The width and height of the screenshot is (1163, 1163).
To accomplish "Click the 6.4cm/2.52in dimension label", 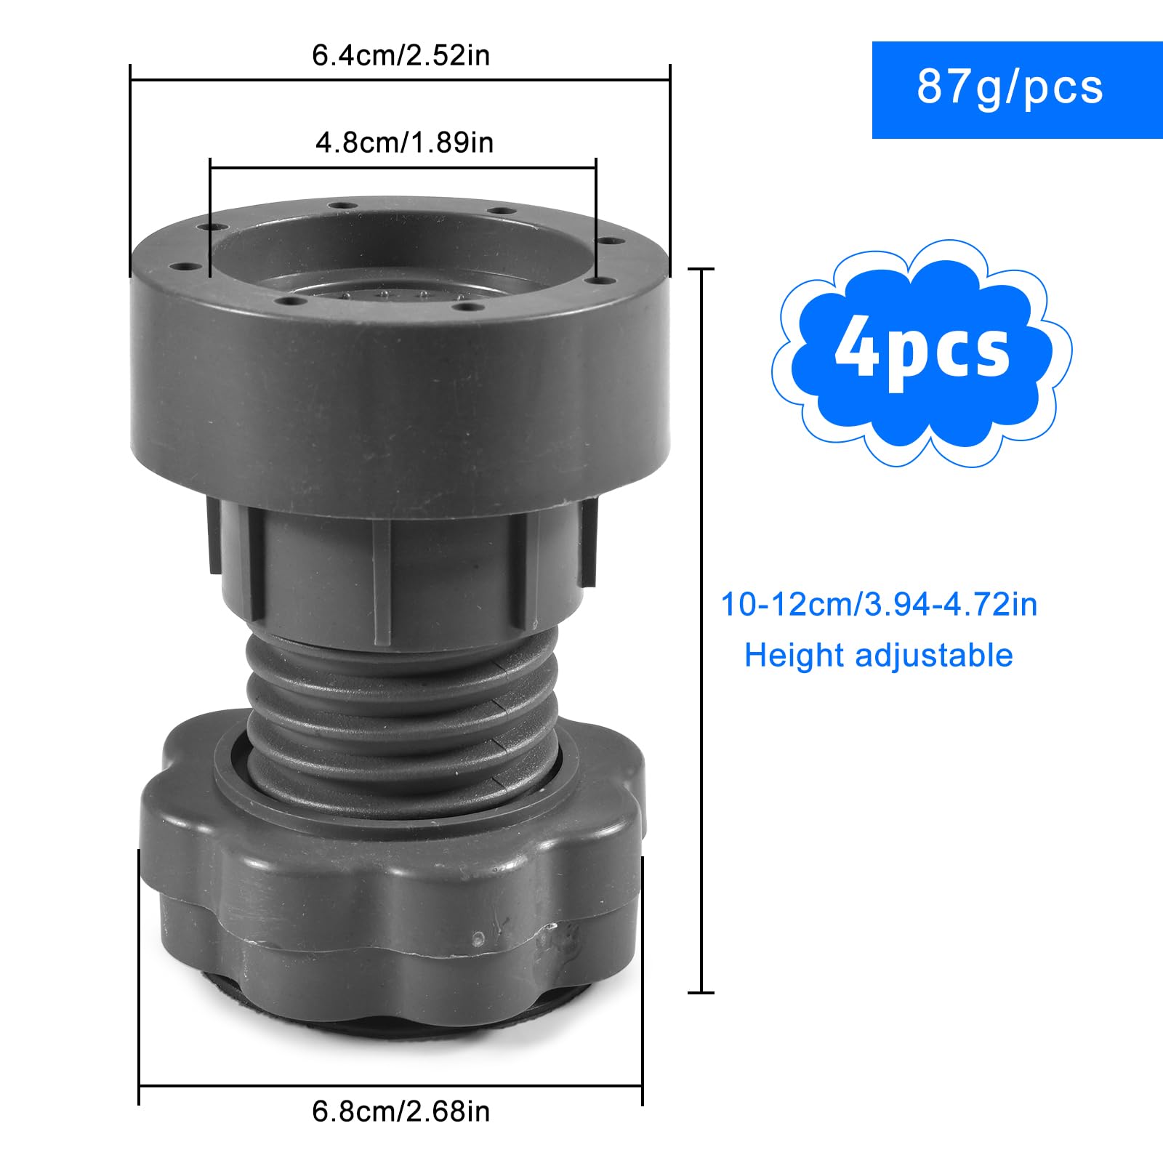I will click(401, 55).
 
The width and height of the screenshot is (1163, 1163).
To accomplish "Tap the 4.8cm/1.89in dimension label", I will click(404, 142).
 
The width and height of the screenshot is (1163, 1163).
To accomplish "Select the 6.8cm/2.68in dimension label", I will click(401, 1111).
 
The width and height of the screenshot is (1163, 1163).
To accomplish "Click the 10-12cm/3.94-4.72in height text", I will click(879, 604).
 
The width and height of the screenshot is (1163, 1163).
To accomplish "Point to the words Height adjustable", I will click(878, 656).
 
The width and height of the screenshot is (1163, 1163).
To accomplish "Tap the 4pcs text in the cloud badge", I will click(922, 352).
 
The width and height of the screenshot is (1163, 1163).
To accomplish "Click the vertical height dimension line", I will click(701, 625).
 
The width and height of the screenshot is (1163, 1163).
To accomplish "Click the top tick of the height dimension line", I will click(701, 269).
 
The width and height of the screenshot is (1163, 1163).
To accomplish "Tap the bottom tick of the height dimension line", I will click(701, 992).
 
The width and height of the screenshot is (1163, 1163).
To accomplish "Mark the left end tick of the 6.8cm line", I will click(139, 1087).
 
